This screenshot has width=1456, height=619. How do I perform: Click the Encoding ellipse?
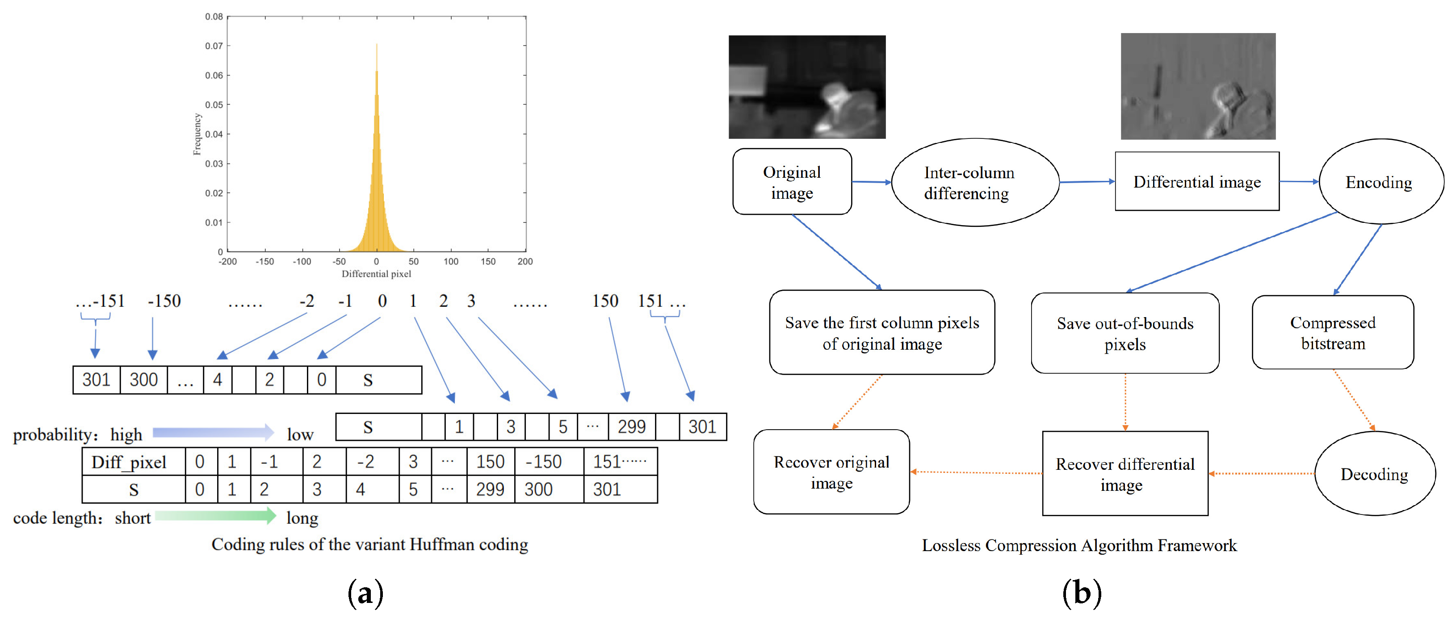[x=1380, y=182]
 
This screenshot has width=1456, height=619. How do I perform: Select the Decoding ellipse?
[x=1374, y=473]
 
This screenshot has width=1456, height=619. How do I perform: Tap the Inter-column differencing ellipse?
[x=974, y=182]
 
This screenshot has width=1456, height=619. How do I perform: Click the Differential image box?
[x=1196, y=181]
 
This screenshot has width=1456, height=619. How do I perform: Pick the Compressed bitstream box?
[x=1332, y=333]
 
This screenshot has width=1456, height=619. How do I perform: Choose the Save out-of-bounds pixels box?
[x=1125, y=333]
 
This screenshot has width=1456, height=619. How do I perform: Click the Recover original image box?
[x=831, y=472]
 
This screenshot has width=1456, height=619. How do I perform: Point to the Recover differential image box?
[x=1125, y=474]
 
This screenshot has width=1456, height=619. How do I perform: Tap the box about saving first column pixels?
[x=882, y=333]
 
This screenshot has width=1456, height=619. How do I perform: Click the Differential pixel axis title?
[x=377, y=274]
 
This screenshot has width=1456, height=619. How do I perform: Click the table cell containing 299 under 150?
[x=490, y=489]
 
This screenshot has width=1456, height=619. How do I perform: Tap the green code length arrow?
[x=215, y=515]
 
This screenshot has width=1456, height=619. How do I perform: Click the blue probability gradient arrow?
[x=213, y=433]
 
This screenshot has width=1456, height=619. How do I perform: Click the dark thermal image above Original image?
[x=806, y=87]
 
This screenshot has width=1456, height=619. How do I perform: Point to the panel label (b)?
[x=1081, y=593]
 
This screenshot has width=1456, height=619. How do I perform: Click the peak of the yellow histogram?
[x=377, y=45]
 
